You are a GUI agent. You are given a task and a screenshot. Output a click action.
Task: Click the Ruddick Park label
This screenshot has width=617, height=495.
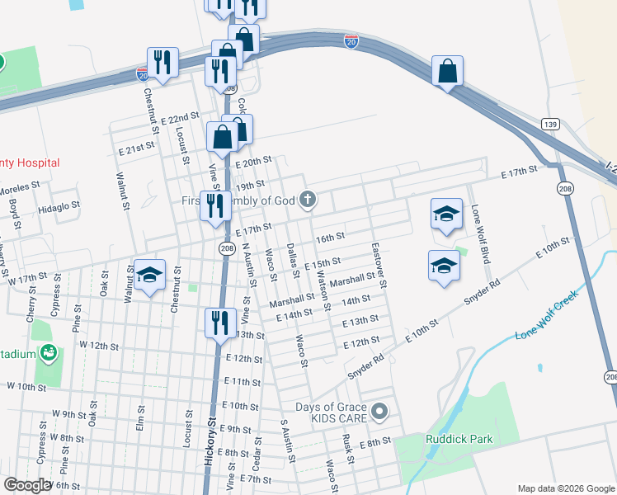(459, 439)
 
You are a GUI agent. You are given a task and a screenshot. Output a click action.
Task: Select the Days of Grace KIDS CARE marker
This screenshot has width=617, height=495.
(379, 410)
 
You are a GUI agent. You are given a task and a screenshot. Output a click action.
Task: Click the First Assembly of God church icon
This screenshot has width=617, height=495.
(308, 199)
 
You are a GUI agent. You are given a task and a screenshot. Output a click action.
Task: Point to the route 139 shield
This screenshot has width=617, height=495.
(551, 125)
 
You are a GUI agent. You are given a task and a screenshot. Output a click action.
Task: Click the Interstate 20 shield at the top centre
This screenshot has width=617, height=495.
(351, 40)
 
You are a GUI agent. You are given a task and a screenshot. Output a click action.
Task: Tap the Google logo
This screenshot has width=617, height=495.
(27, 485)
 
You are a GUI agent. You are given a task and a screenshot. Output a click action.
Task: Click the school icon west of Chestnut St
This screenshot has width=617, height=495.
(150, 275)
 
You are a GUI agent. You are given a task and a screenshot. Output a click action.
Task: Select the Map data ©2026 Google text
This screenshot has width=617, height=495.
(565, 488)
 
